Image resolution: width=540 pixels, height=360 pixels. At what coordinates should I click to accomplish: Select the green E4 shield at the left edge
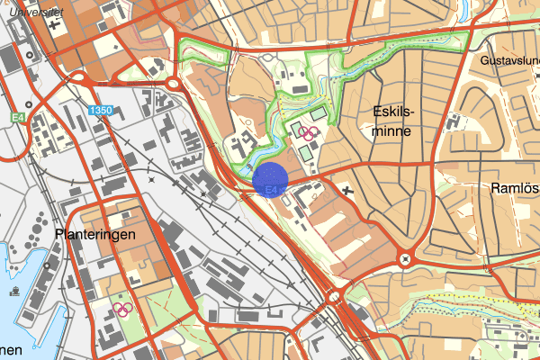(x=19, y=118)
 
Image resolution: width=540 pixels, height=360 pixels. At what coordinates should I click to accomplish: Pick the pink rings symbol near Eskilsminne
(x=308, y=132)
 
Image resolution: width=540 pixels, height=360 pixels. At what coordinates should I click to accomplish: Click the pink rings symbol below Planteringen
(x=123, y=309)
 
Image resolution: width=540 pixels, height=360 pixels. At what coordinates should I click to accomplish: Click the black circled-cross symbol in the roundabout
(x=406, y=259)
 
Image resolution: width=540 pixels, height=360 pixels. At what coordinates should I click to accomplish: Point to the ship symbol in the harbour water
(x=15, y=291)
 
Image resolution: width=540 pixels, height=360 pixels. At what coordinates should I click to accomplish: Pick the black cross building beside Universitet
(x=55, y=22)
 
